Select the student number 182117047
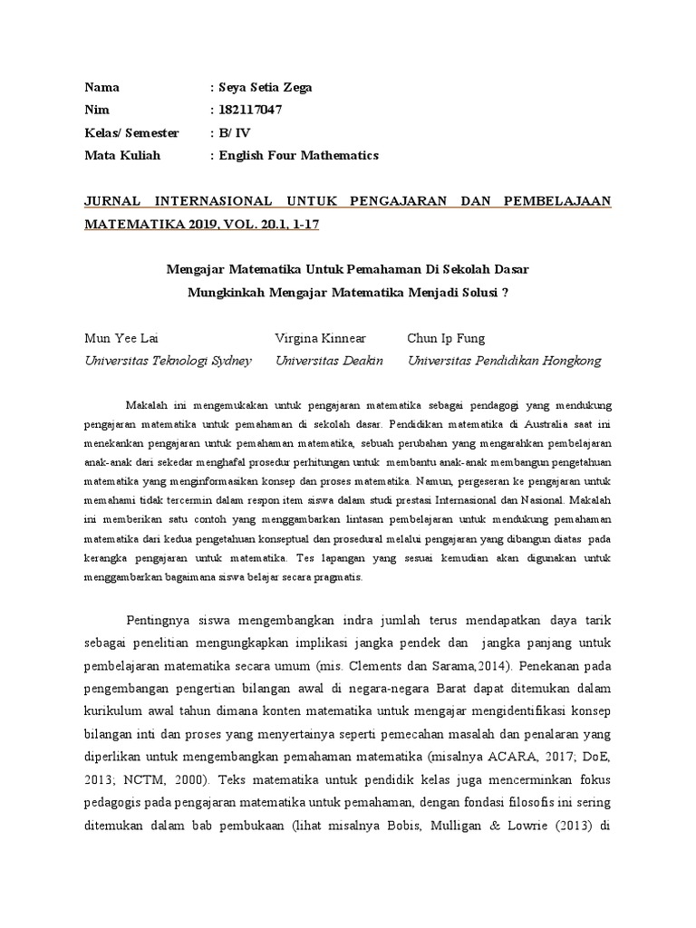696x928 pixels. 250,110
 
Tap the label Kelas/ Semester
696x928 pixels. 131,132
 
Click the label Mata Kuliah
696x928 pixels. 122,155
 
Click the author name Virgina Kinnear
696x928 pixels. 320,338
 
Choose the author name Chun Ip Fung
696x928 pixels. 447,338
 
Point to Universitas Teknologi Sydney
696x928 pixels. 168,360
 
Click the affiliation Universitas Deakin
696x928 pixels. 329,360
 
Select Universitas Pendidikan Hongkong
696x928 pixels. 505,360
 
